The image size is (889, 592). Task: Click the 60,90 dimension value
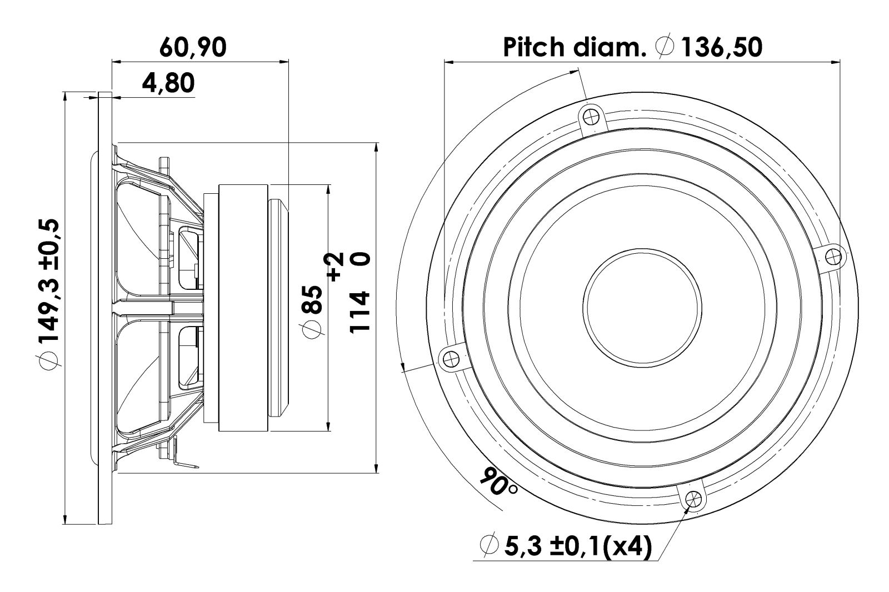point(193,48)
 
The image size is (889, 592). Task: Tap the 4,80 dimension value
point(168,83)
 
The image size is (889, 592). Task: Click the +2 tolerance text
point(336,267)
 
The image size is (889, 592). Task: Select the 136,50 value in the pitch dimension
point(722,48)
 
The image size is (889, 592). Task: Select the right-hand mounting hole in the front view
point(831,257)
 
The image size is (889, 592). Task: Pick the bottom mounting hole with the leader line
point(692,498)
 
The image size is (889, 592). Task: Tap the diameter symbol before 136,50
point(665,48)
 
